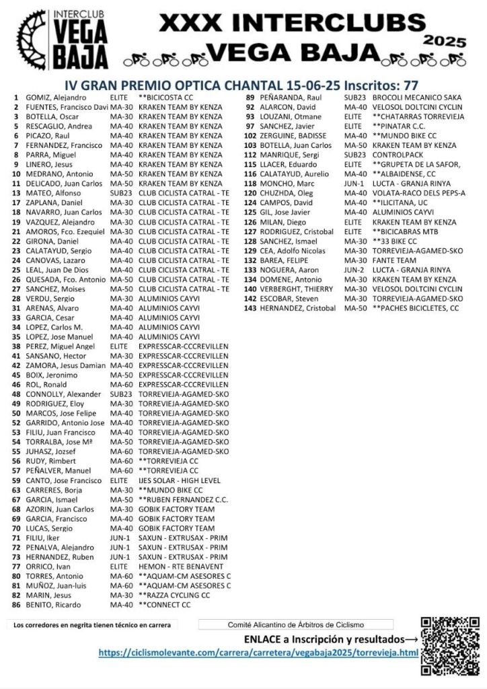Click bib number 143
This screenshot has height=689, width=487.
(x=250, y=308)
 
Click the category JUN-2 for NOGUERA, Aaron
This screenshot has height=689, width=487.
(x=353, y=270)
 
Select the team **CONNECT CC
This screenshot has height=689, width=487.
(x=165, y=605)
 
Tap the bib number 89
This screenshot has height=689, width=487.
(x=250, y=98)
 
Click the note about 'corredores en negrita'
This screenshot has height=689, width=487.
(x=92, y=625)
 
